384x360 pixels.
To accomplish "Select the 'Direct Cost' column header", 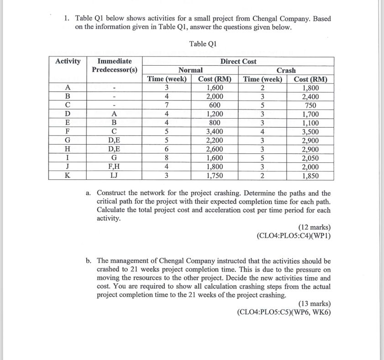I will coord(238,61).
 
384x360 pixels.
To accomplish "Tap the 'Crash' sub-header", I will coord(286,70).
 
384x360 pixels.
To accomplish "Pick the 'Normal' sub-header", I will coord(190,70).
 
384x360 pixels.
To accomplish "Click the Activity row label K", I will coord(68,175).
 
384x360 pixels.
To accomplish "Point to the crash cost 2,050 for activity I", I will coord(310,157).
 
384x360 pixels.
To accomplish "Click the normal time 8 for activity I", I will coord(167,157).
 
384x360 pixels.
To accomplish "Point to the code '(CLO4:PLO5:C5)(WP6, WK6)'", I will coord(284,312).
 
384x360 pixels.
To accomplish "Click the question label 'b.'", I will coord(89,261).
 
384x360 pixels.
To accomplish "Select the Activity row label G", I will coord(68,140).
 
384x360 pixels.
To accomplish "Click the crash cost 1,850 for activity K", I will coord(310,175).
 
